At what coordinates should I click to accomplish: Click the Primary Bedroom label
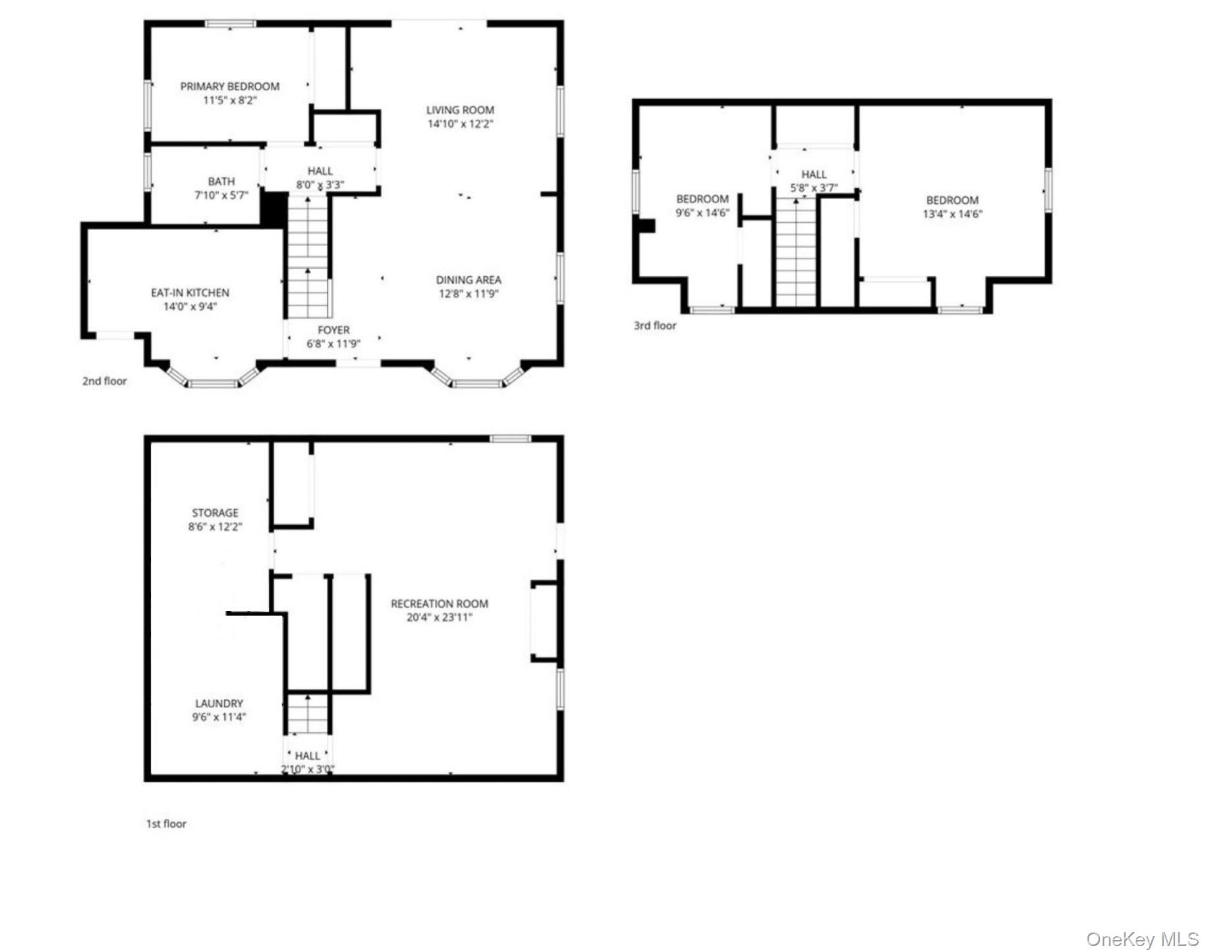tap(230, 86)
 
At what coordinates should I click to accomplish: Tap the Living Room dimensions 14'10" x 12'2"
tap(460, 124)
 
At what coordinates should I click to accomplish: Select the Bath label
tap(221, 181)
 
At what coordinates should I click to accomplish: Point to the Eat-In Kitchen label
tap(190, 293)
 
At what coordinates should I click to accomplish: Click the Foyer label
tap(333, 330)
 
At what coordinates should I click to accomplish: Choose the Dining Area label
tap(468, 280)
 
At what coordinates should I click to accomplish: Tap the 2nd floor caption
tap(104, 381)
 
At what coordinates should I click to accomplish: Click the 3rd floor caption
tap(654, 326)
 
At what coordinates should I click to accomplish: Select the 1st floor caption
tap(166, 824)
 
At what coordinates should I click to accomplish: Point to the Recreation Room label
tap(440, 604)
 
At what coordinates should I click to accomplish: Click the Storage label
tap(215, 513)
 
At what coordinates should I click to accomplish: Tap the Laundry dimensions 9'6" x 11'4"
tap(219, 717)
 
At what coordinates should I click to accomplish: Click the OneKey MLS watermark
tap(1142, 939)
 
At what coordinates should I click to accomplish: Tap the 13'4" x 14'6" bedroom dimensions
tap(952, 214)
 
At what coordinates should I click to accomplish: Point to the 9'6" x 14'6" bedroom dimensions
tap(702, 213)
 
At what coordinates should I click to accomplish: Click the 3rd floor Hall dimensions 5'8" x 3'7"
tap(814, 188)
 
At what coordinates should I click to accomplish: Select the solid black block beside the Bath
tap(274, 208)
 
